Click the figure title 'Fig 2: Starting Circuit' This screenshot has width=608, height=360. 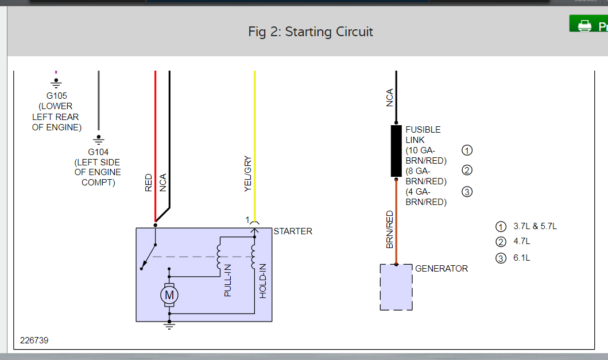pos(311,32)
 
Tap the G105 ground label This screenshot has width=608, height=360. pos(56,96)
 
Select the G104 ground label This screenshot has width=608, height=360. pos(98,152)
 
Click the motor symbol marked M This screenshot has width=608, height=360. pos(169,295)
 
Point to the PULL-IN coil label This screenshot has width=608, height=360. pos(228,280)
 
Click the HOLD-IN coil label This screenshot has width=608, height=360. pos(263,280)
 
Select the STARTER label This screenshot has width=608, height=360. pos(293,231)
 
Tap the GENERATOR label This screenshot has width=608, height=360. pos(441,268)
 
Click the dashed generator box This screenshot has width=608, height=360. pos(396,287)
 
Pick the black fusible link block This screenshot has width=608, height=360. pos(396,150)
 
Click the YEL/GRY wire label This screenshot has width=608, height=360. pos(248,174)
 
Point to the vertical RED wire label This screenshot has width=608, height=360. pos(149,183)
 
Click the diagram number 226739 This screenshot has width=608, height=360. pos(34,340)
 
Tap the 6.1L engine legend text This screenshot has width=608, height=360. pos(521,258)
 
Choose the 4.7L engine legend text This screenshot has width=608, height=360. pos(521,242)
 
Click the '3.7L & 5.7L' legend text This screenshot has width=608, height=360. pos(535,226)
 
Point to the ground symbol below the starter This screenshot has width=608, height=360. pos(169,326)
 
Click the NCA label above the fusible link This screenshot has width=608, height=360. pos(390,98)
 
